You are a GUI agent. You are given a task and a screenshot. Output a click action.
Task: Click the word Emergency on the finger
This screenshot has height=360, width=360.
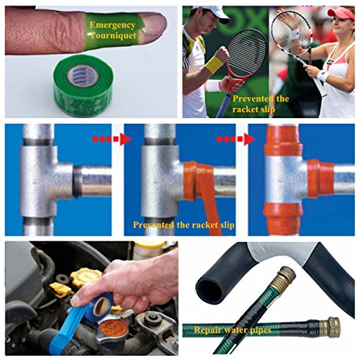112,25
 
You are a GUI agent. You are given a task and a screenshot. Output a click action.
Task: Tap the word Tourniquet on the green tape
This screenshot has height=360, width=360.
113,36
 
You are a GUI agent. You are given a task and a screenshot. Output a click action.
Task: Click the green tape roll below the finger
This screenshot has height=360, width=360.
83,85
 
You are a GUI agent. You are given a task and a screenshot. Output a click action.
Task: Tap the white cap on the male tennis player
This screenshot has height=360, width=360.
215,13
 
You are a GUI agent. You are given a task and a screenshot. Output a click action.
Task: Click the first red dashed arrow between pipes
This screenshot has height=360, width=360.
112,139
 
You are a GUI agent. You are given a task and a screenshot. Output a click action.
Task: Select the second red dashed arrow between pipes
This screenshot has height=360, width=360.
235,139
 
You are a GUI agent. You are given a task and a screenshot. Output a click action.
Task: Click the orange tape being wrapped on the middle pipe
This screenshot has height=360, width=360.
202,189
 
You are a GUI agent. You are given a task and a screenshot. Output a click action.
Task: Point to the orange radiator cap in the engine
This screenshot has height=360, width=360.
111,327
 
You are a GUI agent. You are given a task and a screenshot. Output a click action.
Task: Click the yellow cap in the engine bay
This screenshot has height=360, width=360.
83,278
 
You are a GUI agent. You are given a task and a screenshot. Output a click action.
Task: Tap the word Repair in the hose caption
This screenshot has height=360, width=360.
207,330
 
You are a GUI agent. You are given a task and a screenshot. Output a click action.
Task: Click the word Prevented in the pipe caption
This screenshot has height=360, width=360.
153,225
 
